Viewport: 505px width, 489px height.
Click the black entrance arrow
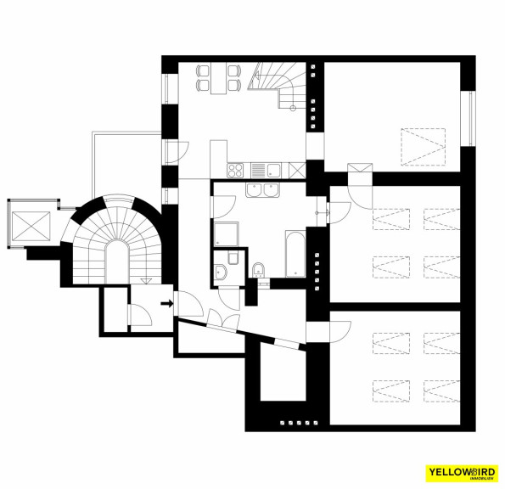(167, 303)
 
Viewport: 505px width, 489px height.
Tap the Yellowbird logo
(462, 473)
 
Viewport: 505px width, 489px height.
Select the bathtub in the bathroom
(295, 254)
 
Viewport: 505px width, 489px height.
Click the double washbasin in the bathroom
(263, 190)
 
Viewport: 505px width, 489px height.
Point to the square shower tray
(226, 234)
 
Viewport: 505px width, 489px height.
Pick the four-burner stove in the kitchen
(235, 171)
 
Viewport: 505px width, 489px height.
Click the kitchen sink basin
(274, 170)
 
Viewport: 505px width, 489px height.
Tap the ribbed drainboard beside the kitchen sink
(258, 171)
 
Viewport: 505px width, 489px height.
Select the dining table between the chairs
(219, 78)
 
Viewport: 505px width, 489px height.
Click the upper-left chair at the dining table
(203, 70)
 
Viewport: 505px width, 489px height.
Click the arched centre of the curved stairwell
(117, 261)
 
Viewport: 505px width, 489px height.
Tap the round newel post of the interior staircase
(293, 108)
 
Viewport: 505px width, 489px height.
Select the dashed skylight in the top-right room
(424, 147)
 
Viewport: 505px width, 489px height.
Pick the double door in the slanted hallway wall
(223, 320)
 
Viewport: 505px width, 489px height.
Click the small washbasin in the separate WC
(221, 272)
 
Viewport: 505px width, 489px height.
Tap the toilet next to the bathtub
(259, 270)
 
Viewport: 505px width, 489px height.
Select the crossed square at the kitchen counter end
(297, 170)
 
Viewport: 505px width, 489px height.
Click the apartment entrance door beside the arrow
(188, 303)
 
